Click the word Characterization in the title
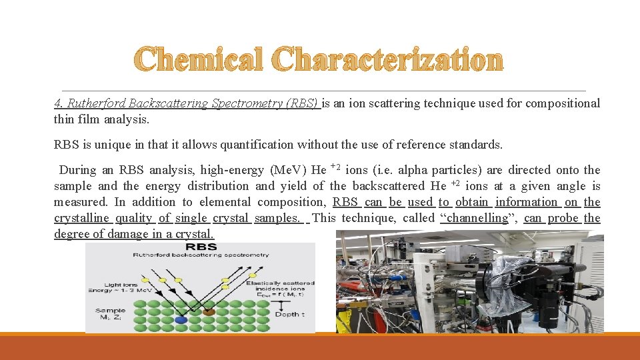pos(389,60)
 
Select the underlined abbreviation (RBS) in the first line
pos(301,103)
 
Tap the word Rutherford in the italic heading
pos(97,103)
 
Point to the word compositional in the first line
pos(563,103)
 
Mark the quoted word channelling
pos(475,218)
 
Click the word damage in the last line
pos(130,234)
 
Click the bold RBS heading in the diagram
pos(200,247)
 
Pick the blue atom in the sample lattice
pos(180,320)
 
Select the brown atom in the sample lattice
pos(209,311)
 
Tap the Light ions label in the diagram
pos(107,285)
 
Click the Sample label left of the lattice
pos(110,311)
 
